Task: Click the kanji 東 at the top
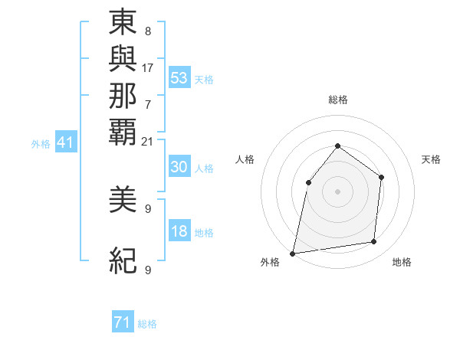click(123, 24)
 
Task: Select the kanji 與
click(123, 60)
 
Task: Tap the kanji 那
click(123, 95)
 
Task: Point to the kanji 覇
click(123, 131)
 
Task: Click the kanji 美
click(123, 201)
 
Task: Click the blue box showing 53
click(179, 78)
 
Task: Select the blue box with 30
click(179, 168)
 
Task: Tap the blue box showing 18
click(179, 232)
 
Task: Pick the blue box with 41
click(66, 142)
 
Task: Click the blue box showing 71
click(123, 323)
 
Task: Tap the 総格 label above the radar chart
click(337, 100)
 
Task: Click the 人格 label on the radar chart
click(245, 159)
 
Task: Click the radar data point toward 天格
click(382, 178)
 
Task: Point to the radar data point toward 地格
click(374, 242)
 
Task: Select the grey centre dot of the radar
click(337, 191)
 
